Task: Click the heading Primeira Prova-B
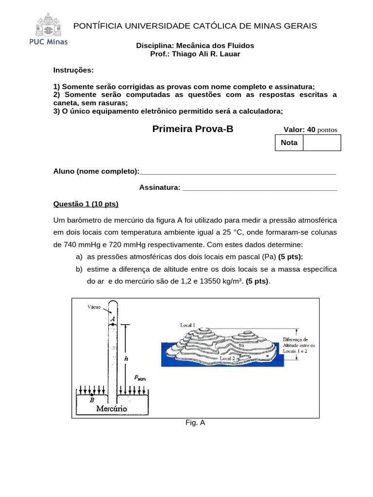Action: (193, 129)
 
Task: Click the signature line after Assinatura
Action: (259, 187)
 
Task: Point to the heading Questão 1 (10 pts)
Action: (85, 203)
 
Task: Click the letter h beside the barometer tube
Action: (126, 358)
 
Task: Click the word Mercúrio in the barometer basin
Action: (112, 409)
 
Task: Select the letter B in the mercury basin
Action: (91, 400)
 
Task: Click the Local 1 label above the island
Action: (187, 325)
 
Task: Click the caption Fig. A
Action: (195, 423)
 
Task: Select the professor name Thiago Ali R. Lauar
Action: (209, 54)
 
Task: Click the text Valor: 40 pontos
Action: (310, 130)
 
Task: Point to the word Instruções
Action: (73, 70)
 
